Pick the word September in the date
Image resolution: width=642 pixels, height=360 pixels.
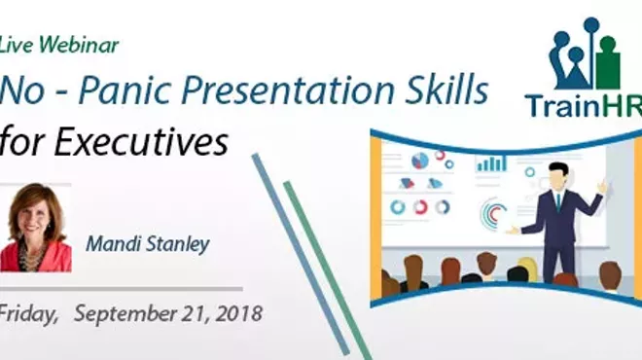click(121, 315)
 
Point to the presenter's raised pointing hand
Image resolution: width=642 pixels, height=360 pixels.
click(603, 184)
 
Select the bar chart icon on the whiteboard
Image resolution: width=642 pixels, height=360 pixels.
click(490, 162)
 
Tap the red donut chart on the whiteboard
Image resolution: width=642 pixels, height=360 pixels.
click(420, 206)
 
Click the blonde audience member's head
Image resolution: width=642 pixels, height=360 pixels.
click(526, 269)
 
